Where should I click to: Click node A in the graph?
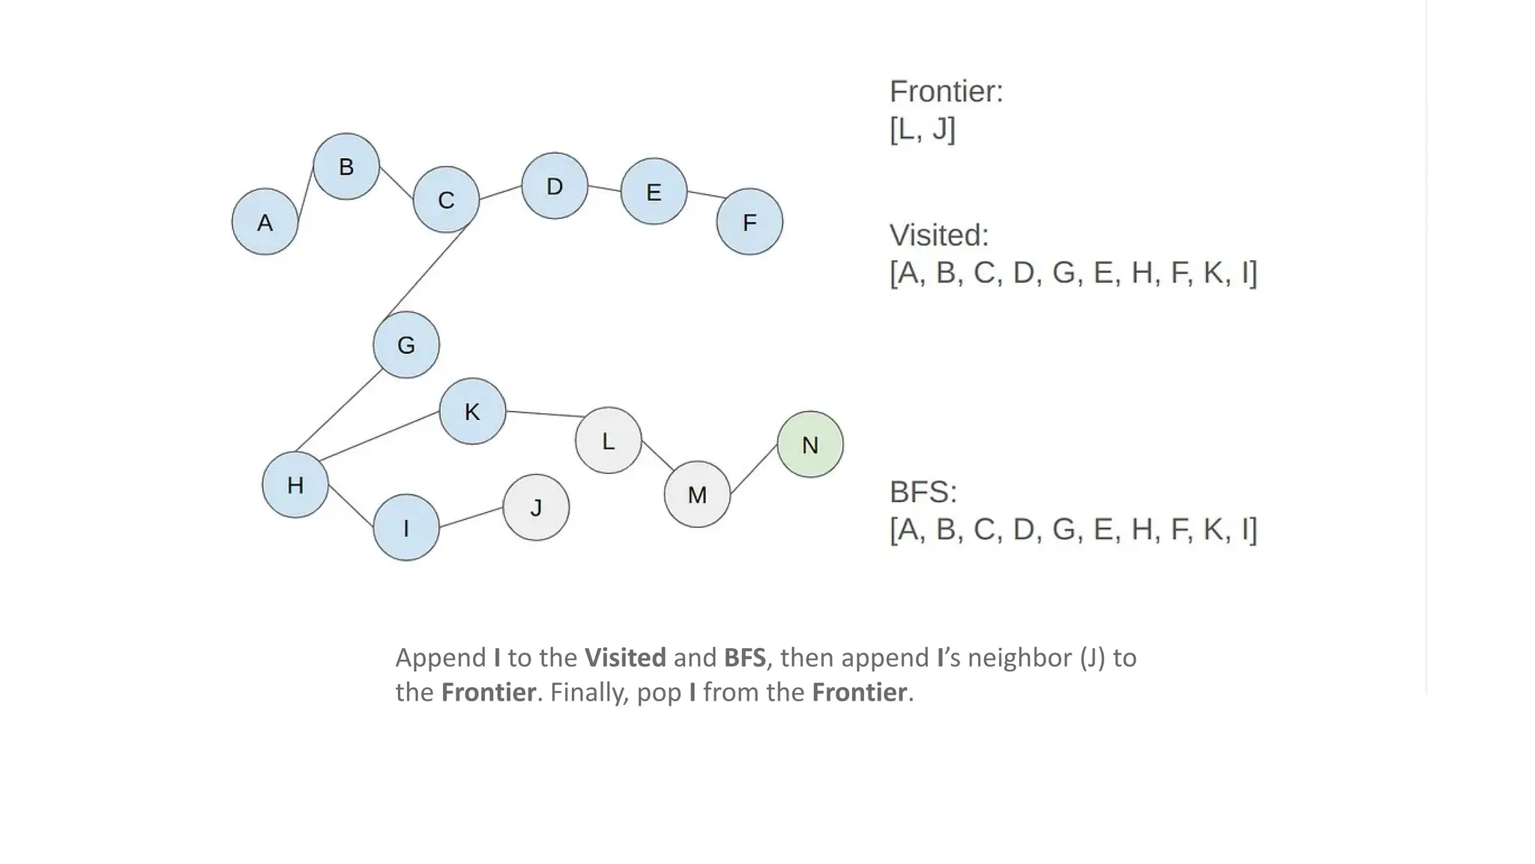(x=265, y=222)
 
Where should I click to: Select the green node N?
(x=809, y=445)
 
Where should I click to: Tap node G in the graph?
(x=406, y=345)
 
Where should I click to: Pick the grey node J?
(x=536, y=508)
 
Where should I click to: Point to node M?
(x=697, y=494)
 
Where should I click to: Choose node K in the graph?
(x=472, y=411)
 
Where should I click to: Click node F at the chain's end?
(x=750, y=222)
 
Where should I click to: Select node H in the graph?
(x=295, y=484)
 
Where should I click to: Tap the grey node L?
(x=608, y=440)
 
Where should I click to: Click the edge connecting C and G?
(x=427, y=271)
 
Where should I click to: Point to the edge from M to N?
(x=754, y=469)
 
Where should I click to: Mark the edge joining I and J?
(x=471, y=517)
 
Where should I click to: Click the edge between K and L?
(x=545, y=414)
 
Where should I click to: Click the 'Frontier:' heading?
(x=946, y=91)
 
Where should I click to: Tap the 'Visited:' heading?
(x=939, y=235)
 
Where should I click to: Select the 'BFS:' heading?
(x=923, y=493)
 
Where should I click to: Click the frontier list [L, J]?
(x=923, y=129)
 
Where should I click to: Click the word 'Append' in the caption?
(x=441, y=658)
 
